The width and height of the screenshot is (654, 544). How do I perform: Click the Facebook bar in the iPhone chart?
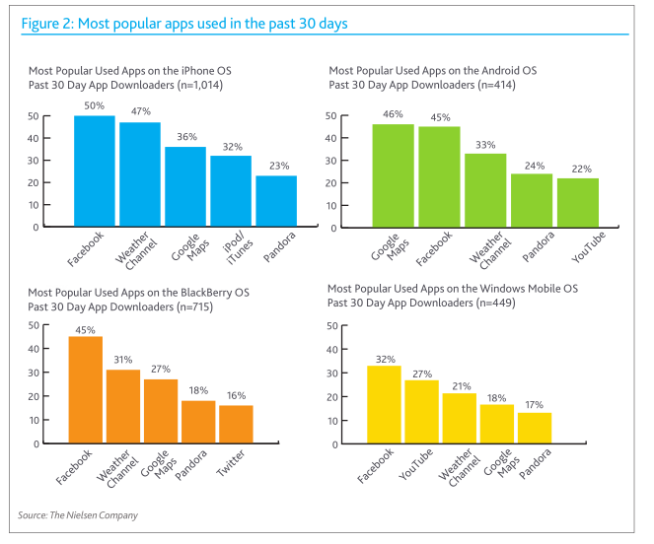point(95,171)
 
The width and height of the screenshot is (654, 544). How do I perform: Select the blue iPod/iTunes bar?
point(230,191)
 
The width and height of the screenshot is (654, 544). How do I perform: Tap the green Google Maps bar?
point(393,175)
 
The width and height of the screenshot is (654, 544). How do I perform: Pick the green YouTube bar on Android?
point(577,202)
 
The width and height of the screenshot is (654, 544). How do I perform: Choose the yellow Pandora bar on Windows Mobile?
point(534,428)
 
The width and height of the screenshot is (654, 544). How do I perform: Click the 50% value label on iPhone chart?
point(96,105)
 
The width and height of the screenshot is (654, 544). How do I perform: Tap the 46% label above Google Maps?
point(393,114)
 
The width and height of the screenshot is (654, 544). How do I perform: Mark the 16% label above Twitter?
point(236,396)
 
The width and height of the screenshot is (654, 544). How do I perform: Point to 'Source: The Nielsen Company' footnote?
point(78,515)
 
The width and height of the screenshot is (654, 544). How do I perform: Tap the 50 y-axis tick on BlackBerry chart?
point(34,325)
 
